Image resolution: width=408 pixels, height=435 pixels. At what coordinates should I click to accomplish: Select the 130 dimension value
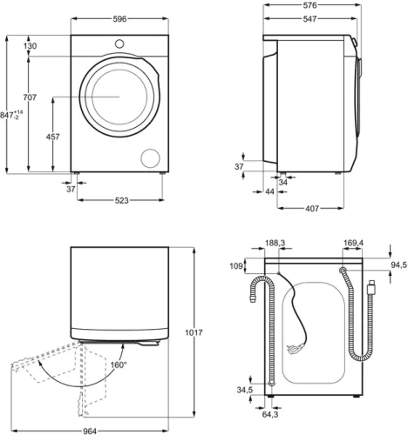31,46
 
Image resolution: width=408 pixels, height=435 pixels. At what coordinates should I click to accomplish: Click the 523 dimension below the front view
121,201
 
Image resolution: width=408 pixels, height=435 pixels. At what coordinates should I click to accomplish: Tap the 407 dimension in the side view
311,208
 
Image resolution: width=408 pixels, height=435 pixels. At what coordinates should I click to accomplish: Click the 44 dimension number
269,191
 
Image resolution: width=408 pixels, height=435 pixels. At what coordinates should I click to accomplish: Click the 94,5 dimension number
397,265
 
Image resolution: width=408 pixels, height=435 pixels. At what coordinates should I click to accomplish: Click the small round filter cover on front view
151,157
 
